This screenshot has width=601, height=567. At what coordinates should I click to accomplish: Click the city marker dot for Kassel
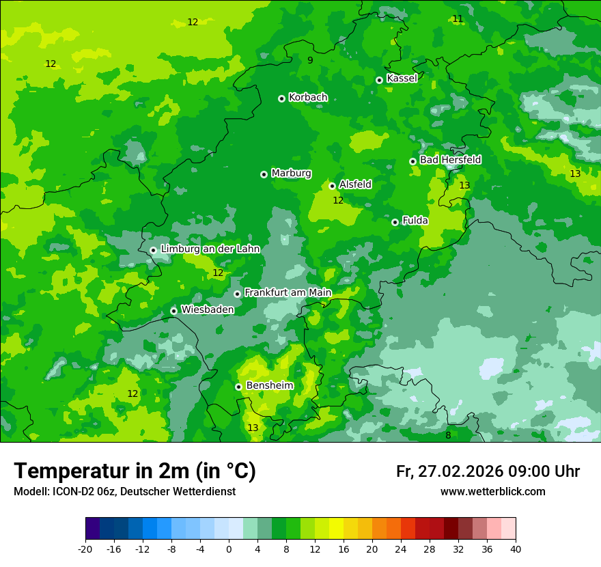[379, 80]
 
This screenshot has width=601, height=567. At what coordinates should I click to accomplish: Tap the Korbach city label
[308, 98]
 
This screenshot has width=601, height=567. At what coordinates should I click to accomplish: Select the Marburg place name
[291, 174]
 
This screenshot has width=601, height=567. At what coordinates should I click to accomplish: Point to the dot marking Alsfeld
[332, 186]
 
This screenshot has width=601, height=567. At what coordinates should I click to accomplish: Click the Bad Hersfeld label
[450, 160]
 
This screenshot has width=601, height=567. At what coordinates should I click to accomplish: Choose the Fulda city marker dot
[395, 222]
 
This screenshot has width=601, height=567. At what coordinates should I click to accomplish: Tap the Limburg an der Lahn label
[210, 249]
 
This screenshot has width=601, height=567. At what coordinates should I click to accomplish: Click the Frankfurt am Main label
[288, 293]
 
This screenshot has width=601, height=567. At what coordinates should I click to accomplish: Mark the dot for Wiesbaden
[173, 311]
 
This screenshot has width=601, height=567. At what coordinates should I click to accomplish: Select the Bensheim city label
[269, 386]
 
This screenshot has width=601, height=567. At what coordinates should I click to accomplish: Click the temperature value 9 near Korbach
[310, 61]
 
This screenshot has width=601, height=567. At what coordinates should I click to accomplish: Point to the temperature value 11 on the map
[458, 18]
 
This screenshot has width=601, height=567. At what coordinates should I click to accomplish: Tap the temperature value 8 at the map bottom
[448, 436]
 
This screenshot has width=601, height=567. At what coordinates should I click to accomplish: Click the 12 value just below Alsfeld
[338, 201]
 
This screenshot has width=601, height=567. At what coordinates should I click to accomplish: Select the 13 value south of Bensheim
[253, 428]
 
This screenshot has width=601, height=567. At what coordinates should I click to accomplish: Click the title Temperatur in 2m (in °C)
[135, 471]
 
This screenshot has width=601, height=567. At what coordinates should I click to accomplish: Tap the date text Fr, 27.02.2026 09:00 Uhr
[488, 471]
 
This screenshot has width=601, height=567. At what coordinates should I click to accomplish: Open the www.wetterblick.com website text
[492, 492]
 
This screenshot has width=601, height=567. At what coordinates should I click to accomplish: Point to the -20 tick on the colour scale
[85, 549]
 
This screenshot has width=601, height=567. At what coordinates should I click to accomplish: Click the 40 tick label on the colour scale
[516, 549]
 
